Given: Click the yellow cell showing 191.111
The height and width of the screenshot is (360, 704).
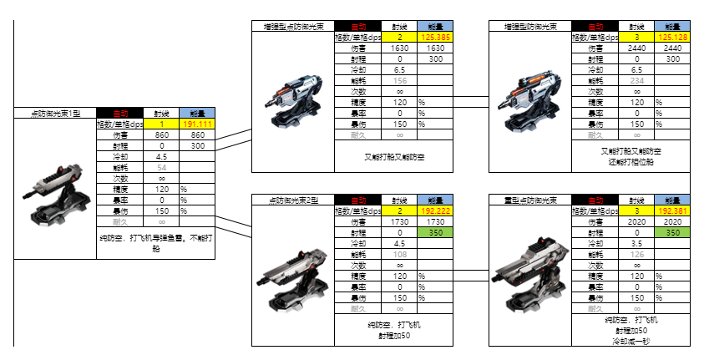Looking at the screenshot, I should click(x=197, y=124).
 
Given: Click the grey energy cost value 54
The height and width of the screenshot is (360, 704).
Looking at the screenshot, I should click(x=162, y=167).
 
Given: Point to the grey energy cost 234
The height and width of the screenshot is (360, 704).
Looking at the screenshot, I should click(x=636, y=81).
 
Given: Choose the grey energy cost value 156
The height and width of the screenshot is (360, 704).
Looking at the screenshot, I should click(x=400, y=81).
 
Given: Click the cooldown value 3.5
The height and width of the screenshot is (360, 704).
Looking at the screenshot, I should click(x=636, y=244).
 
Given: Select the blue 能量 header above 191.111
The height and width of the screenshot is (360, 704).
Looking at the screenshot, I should click(x=197, y=113).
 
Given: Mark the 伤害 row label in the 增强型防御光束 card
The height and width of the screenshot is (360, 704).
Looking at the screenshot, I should click(x=595, y=48).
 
